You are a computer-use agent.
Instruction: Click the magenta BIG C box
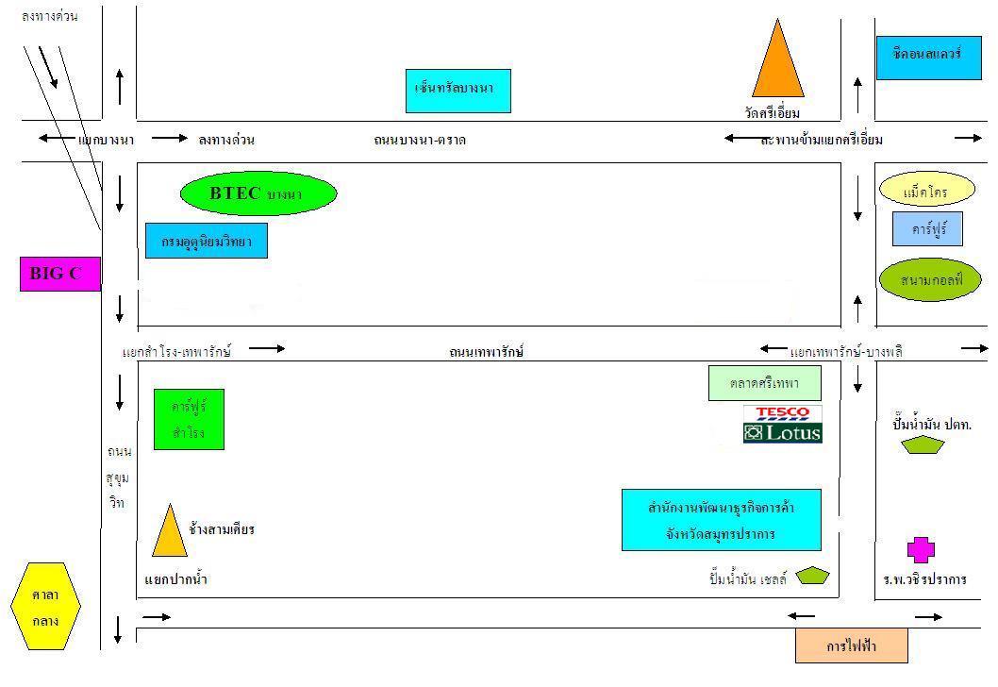pyautogui.click(x=59, y=274)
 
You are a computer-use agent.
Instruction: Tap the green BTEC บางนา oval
pyautogui.click(x=258, y=193)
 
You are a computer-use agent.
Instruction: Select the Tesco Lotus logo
pyautogui.click(x=782, y=425)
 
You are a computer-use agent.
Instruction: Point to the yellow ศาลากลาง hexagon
pyautogui.click(x=45, y=606)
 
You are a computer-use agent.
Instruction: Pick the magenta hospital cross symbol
pyautogui.click(x=921, y=549)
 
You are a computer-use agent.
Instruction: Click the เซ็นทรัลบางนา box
pyautogui.click(x=457, y=91)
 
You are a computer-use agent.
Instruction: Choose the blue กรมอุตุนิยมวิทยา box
pyautogui.click(x=207, y=241)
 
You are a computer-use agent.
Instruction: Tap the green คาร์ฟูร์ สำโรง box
pyautogui.click(x=189, y=419)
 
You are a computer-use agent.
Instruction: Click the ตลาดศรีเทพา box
pyautogui.click(x=765, y=383)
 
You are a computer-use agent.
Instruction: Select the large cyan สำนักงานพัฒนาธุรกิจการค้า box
pyautogui.click(x=721, y=520)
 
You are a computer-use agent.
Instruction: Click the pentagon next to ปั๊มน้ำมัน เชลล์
pyautogui.click(x=812, y=576)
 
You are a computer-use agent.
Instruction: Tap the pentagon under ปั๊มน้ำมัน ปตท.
pyautogui.click(x=922, y=445)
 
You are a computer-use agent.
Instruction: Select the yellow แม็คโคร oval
pyautogui.click(x=925, y=191)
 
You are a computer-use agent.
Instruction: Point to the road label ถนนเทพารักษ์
pyautogui.click(x=486, y=352)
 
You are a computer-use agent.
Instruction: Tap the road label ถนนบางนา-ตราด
pyautogui.click(x=420, y=141)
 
